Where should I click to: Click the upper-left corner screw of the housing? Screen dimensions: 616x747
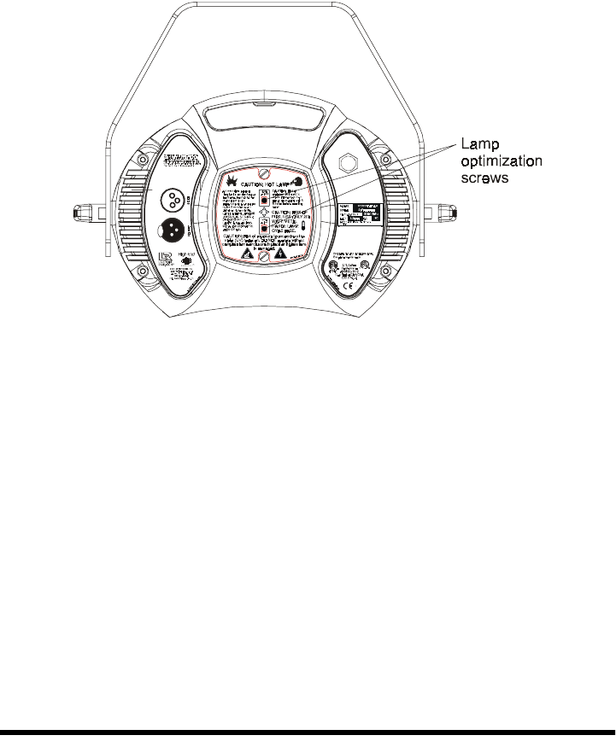[143, 160]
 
